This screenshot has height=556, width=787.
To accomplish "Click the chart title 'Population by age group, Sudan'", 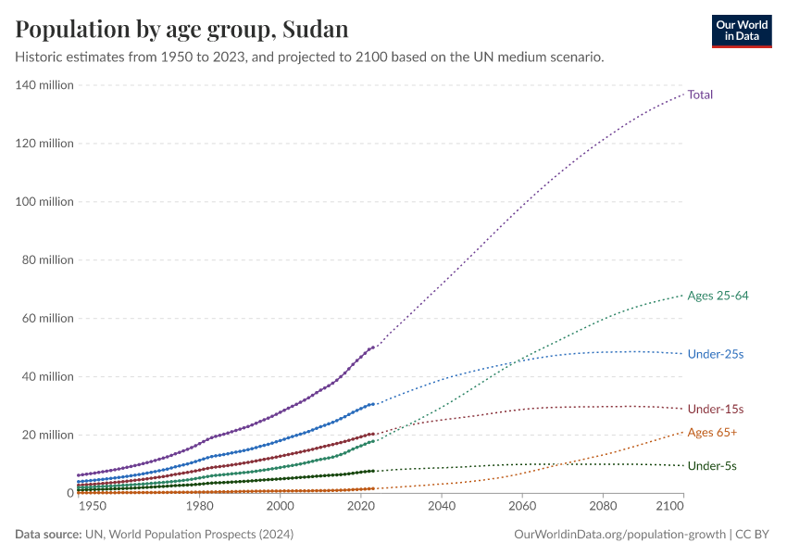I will tap(181, 29).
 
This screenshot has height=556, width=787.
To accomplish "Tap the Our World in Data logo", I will tap(742, 31).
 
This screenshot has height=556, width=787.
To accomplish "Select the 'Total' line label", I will tap(700, 95).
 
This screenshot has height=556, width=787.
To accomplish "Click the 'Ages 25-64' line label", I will tap(718, 296).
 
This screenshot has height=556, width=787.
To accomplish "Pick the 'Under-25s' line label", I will tap(716, 354).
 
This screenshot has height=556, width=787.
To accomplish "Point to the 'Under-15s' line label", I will tap(716, 409).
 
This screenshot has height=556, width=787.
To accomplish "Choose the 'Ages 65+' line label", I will tap(712, 433).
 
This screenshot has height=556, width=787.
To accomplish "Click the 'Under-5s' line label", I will tap(712, 466).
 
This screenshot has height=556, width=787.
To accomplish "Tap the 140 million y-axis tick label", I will tap(44, 85).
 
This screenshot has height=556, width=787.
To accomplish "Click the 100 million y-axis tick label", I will tap(44, 202).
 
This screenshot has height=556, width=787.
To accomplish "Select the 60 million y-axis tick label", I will tap(47, 319).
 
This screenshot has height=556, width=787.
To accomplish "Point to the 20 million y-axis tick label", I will tap(47, 435).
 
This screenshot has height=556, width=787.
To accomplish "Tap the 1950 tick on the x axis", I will tap(92, 507).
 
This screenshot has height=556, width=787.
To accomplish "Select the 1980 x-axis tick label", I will tap(199, 507).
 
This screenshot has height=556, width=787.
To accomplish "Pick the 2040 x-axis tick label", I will tap(441, 507).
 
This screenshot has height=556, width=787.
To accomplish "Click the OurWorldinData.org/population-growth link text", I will tap(618, 535).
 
